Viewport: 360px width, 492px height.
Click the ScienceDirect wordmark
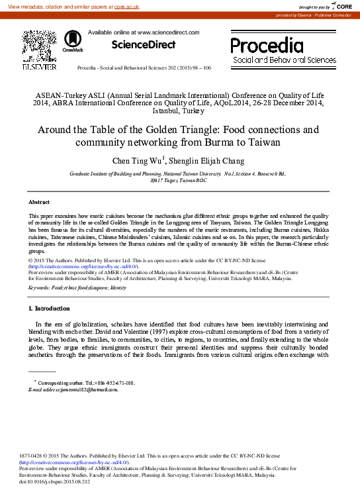144,45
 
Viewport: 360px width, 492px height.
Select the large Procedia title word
266,45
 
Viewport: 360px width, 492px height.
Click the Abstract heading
39,201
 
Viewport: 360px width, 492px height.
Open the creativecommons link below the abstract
84,266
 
